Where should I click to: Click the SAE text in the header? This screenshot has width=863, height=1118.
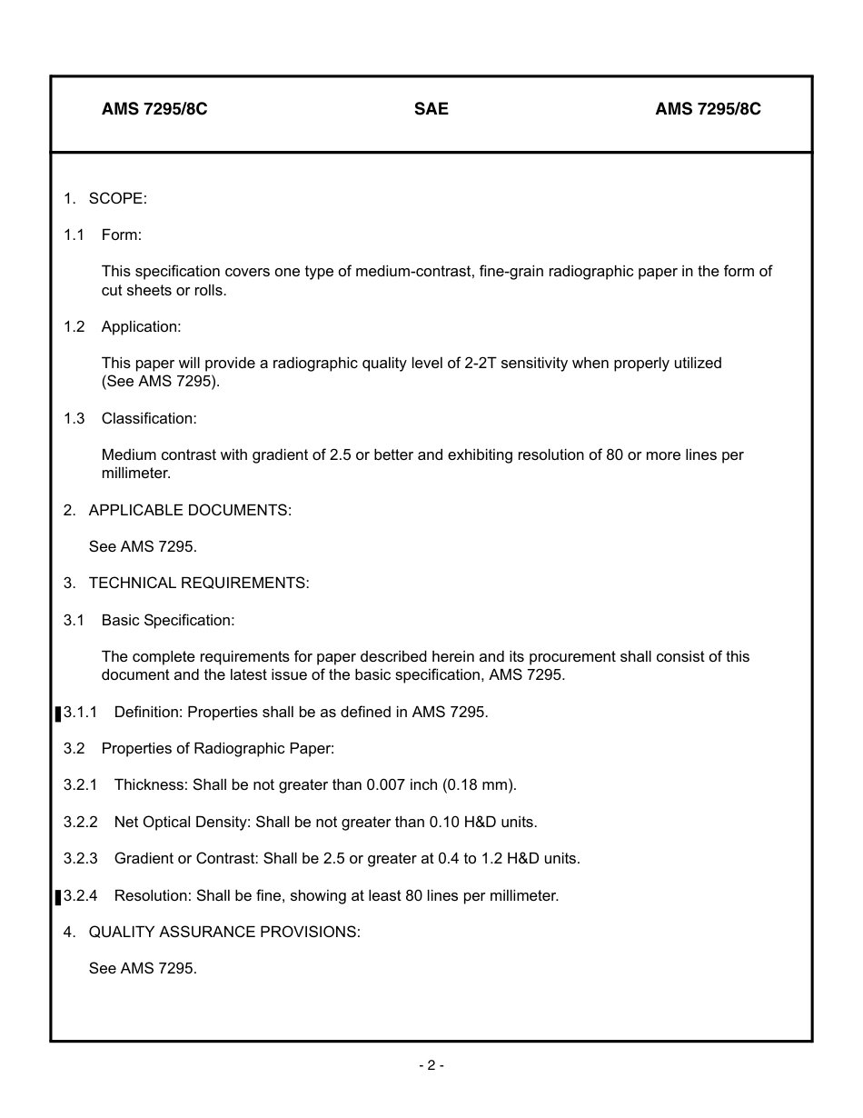(x=431, y=109)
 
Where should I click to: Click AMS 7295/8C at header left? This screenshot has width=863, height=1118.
(x=154, y=109)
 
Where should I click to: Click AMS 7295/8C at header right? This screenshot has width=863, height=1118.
(x=708, y=109)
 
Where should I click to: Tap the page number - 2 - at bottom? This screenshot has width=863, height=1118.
(x=431, y=1065)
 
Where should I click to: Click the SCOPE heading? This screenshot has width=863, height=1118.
(x=117, y=198)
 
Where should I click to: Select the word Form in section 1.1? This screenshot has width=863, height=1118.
(x=121, y=235)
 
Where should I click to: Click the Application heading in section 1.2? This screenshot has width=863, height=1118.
(x=141, y=326)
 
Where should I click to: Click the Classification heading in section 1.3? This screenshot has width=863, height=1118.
(x=149, y=418)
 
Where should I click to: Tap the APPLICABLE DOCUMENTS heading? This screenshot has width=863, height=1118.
(x=190, y=510)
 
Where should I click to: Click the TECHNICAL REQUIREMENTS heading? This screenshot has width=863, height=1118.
(x=199, y=583)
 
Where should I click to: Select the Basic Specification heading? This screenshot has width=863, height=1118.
(x=168, y=620)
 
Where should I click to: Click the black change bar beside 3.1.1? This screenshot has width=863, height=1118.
(x=58, y=714)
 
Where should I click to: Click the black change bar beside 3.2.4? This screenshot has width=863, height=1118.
(x=58, y=897)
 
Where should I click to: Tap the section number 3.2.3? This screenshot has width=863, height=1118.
(x=80, y=858)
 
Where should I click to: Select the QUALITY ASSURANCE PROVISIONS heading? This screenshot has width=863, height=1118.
(x=224, y=932)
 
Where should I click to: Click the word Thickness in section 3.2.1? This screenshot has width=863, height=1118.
(x=148, y=784)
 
